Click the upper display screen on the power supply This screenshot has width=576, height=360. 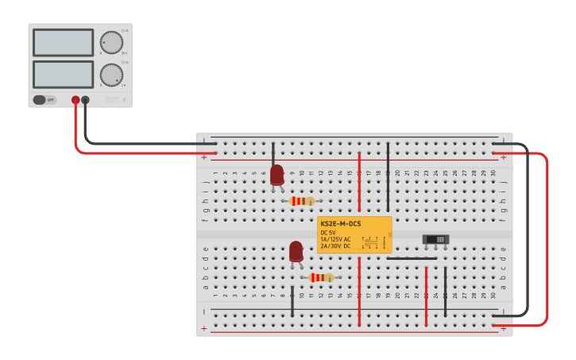[64, 42]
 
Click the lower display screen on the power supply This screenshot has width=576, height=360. [64, 74]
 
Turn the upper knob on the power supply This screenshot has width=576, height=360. [111, 42]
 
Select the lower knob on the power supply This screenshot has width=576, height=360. [111, 75]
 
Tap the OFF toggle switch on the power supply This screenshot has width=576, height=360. [44, 100]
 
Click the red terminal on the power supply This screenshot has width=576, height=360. [75, 100]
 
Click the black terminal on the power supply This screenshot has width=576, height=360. [85, 100]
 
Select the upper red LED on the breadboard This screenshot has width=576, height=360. [276, 175]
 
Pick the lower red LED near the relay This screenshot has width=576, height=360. [296, 251]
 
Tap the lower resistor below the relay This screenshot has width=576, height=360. [321, 277]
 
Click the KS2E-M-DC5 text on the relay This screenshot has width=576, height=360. [340, 224]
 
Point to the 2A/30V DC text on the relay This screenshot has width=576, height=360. [334, 246]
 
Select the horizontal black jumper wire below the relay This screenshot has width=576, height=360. [412, 258]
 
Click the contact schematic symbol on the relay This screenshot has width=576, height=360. [369, 241]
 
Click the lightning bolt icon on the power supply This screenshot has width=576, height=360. [123, 100]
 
